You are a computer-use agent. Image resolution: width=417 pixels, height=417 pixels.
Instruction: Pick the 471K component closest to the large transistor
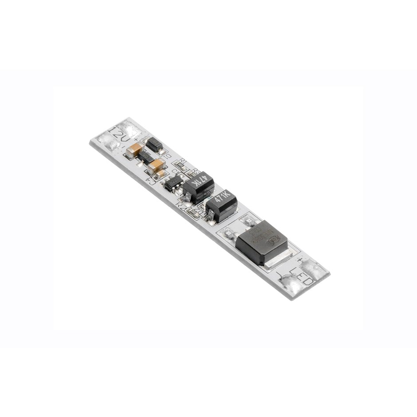click(221, 205)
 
